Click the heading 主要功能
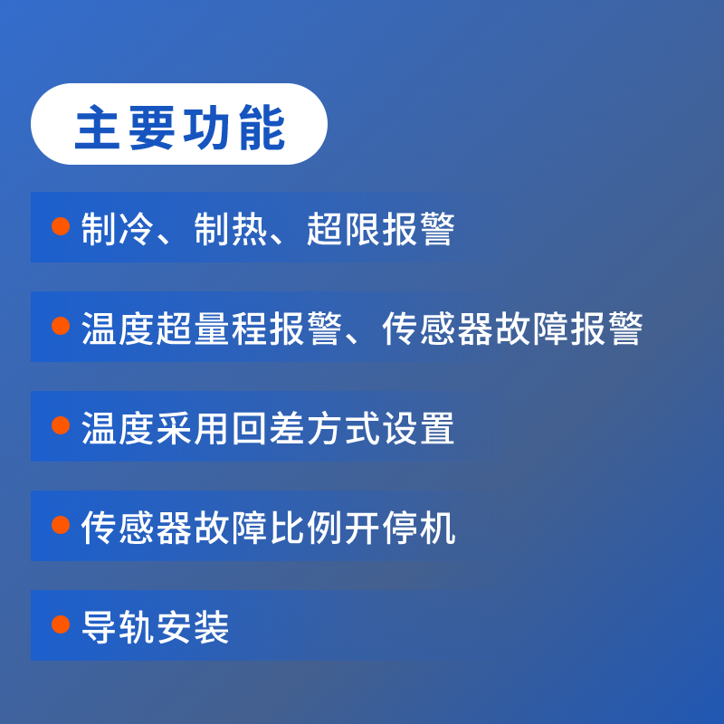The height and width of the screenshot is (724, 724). [179, 127]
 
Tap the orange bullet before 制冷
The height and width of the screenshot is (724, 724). [61, 226]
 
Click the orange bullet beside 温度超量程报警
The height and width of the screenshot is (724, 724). [61, 326]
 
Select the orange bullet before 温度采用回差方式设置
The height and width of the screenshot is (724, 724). [61, 425]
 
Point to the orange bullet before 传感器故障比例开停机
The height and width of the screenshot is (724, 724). [61, 525]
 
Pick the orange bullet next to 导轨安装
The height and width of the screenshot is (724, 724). [61, 624]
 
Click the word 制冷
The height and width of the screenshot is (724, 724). [118, 229]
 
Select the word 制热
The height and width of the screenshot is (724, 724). [231, 229]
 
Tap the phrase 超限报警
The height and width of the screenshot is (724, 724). [381, 229]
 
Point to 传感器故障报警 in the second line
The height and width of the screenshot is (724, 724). [512, 329]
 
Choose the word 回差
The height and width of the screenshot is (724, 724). [268, 428]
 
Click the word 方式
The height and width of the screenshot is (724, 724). [343, 428]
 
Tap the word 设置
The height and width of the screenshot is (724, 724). [418, 428]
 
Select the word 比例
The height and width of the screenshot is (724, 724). [306, 528]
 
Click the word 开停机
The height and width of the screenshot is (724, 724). [400, 528]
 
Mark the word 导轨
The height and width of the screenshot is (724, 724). [118, 627]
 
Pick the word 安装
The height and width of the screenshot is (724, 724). [193, 627]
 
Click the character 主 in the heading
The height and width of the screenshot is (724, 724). [98, 127]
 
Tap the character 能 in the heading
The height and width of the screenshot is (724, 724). [262, 127]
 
